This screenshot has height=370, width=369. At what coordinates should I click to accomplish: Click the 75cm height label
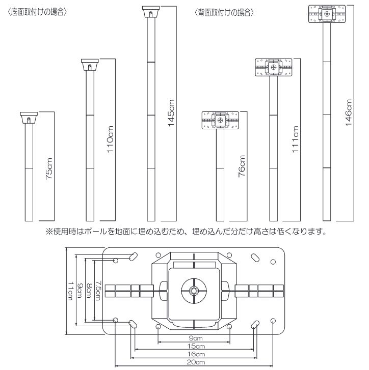click(49, 169)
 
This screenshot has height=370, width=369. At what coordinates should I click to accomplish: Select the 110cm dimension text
click(110, 139)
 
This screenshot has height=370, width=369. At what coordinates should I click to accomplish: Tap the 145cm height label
click(171, 113)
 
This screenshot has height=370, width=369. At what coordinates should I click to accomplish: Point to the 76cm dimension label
click(242, 166)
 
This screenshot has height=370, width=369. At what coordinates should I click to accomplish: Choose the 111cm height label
click(295, 139)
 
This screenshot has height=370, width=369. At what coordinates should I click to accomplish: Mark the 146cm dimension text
click(349, 113)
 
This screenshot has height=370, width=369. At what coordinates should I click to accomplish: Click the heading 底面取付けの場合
click(37, 12)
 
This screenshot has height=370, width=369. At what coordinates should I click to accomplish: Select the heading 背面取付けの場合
click(224, 13)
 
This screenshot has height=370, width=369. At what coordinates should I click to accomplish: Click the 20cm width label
click(196, 362)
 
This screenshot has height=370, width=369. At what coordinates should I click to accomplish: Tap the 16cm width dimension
click(196, 354)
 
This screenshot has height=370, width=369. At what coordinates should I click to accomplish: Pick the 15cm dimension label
click(196, 347)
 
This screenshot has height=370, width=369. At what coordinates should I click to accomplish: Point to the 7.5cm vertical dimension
click(98, 291)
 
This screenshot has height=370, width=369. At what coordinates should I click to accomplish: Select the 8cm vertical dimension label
click(89, 291)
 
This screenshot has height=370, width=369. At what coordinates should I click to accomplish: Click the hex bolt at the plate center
click(194, 291)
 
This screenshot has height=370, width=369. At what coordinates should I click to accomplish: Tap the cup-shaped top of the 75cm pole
click(29, 118)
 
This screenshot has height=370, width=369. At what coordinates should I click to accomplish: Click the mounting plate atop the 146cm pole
click(327, 14)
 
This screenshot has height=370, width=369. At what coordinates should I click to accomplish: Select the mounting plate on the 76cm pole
click(220, 120)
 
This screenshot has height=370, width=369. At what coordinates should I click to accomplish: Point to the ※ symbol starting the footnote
click(49, 232)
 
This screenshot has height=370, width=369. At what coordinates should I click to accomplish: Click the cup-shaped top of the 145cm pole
click(151, 12)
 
